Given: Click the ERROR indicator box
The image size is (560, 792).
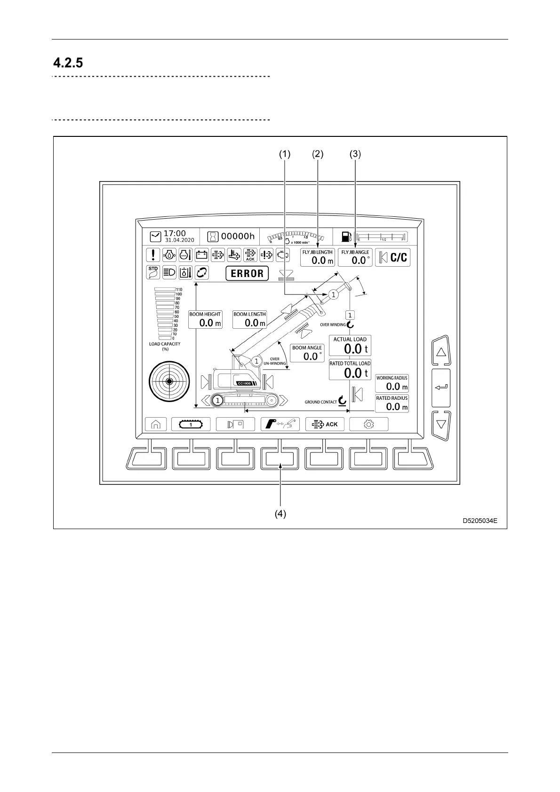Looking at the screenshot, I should click(247, 273).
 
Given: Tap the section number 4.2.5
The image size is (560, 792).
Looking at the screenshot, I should click(68, 63).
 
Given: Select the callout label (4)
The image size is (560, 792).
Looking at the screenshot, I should click(280, 514).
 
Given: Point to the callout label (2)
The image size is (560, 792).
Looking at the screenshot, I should click(318, 154).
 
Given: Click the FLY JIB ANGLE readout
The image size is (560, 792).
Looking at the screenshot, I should click(355, 257).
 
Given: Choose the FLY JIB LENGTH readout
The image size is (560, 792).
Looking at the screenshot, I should click(318, 257).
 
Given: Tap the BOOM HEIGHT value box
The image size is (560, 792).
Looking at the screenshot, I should click(205, 319).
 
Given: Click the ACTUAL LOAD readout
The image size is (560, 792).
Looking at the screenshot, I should click(350, 346).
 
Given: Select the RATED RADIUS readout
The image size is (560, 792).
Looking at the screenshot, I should click(392, 404).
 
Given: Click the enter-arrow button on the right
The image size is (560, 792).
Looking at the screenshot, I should click(441, 388).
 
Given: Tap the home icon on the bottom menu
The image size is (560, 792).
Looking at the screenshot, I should click(156, 424).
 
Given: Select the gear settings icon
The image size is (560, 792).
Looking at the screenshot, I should click(369, 424).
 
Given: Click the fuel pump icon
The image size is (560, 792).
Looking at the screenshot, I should click(346, 237).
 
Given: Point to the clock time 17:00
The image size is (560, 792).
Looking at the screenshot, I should click(175, 233).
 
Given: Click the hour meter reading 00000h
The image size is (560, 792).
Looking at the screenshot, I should click(238, 236).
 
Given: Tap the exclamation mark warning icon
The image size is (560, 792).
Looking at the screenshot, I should click(153, 255).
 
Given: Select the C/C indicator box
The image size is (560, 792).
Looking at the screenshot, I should click(393, 257).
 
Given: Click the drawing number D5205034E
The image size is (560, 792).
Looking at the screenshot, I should click(480, 521).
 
